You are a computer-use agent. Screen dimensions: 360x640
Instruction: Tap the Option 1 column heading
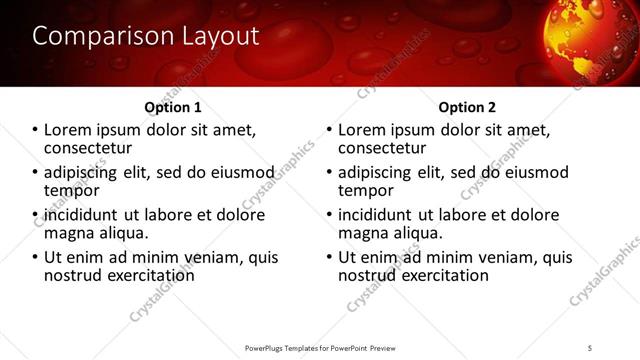point(173,107)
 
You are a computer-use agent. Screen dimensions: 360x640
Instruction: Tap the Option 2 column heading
point(467,107)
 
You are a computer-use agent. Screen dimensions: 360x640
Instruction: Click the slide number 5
point(590,348)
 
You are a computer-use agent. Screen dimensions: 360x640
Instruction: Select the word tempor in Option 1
point(71,190)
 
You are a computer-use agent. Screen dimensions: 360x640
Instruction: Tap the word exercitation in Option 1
point(145,275)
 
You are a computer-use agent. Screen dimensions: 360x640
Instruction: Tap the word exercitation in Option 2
point(439,275)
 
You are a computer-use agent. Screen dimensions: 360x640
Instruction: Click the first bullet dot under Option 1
point(36,131)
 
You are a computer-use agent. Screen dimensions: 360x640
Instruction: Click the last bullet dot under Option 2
point(330,257)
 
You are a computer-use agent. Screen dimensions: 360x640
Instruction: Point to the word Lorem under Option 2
point(362,130)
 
